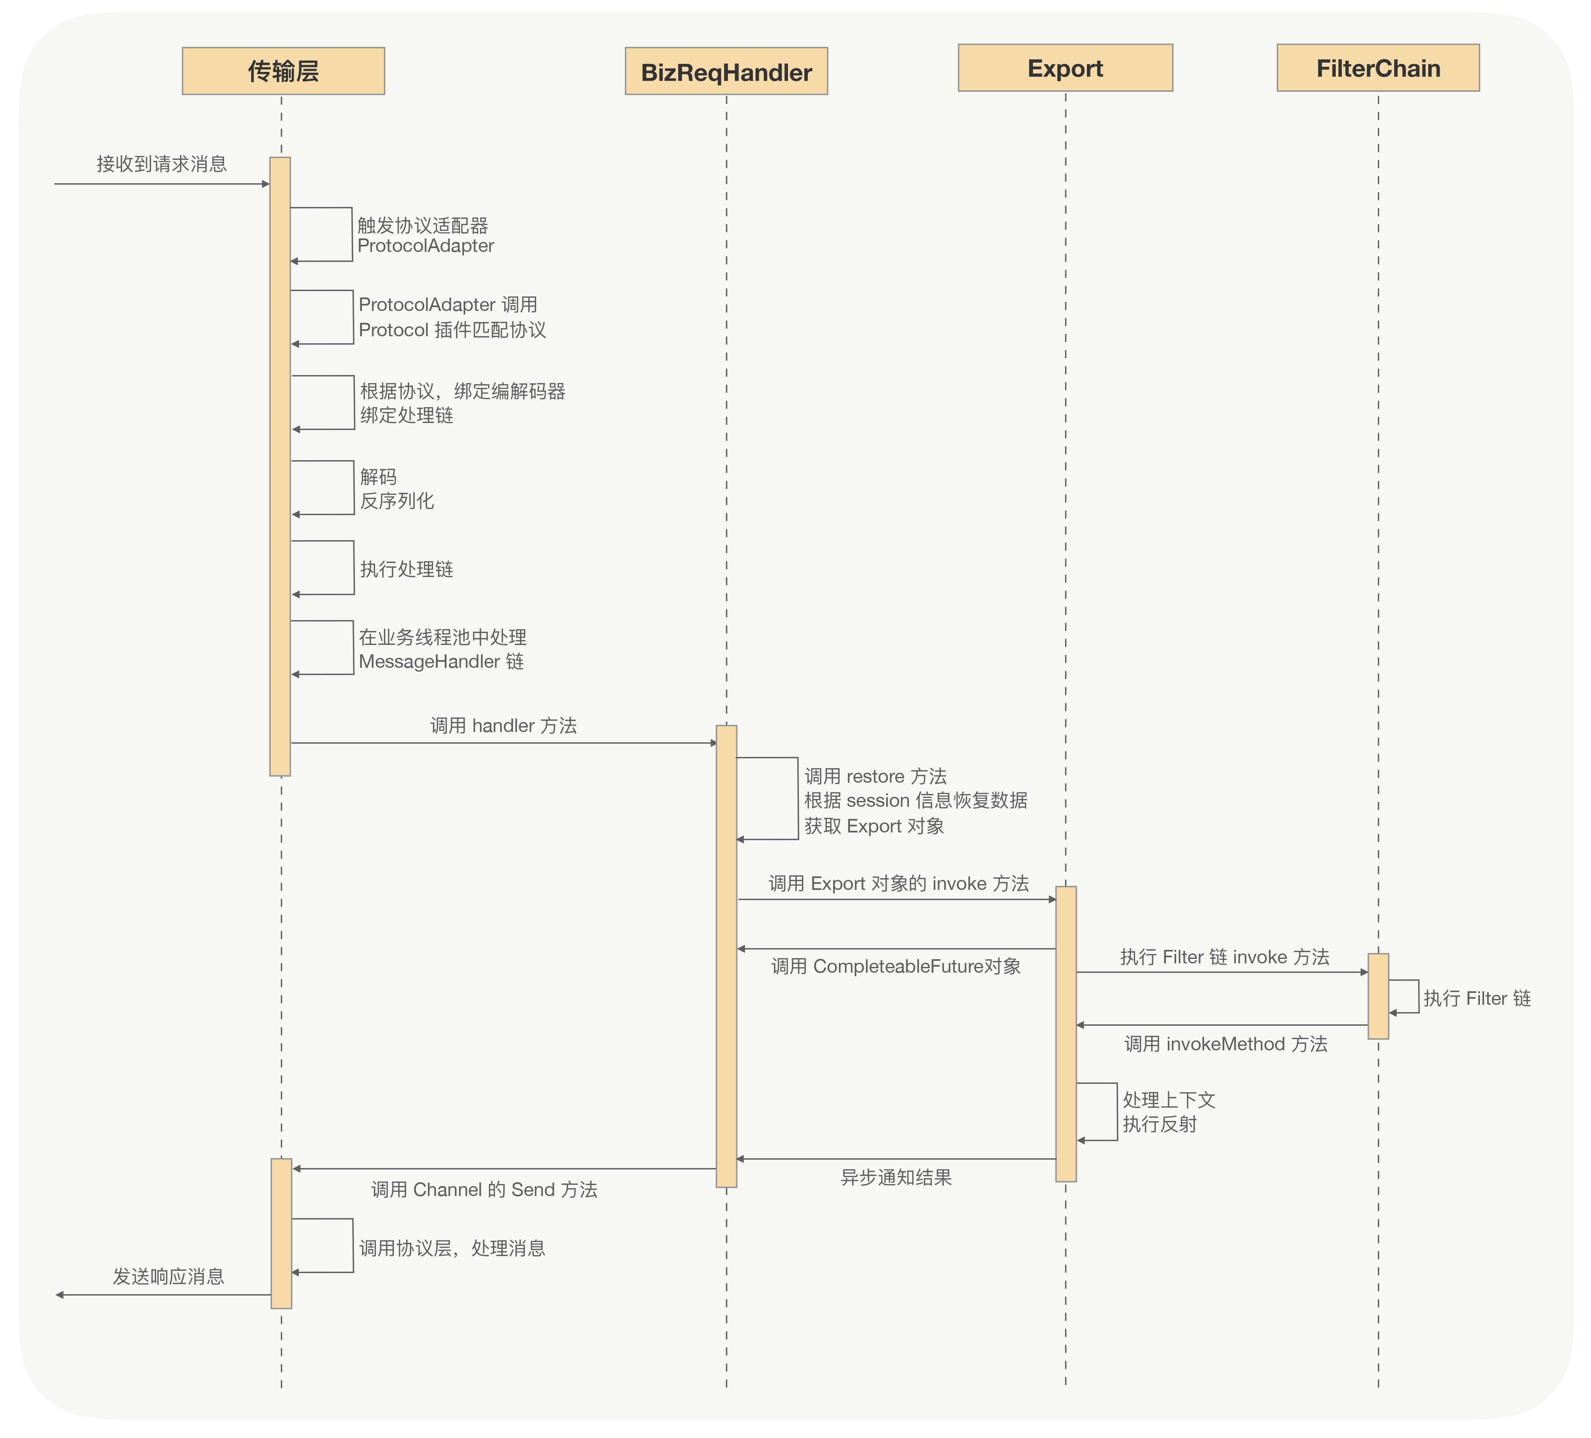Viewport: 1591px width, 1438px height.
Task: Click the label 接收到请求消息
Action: click(x=162, y=164)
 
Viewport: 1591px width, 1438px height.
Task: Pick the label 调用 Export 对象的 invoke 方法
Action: click(x=898, y=883)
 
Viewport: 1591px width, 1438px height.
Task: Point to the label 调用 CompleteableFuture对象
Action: click(x=896, y=966)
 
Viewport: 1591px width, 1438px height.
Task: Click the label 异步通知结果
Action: click(x=896, y=1178)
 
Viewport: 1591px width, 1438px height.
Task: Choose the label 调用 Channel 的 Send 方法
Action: click(x=484, y=1190)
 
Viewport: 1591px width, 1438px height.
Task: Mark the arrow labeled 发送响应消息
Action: click(x=163, y=1295)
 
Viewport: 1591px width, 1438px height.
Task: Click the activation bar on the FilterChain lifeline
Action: click(x=1378, y=996)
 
